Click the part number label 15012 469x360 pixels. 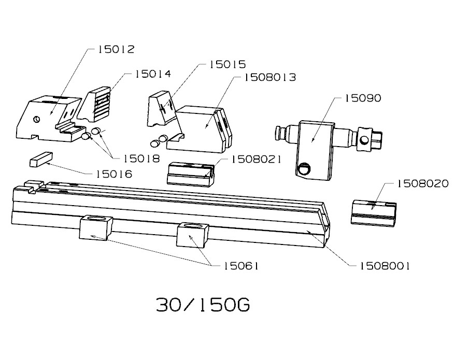point(117,49)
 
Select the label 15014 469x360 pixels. point(153,74)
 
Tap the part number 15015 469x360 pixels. point(228,64)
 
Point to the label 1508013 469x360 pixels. point(270,78)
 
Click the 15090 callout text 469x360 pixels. point(363,98)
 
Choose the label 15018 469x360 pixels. point(141,159)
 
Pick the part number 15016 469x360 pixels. point(113,174)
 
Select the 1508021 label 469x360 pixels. point(256,160)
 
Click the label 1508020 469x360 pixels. point(423,183)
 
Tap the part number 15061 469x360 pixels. point(241,266)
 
